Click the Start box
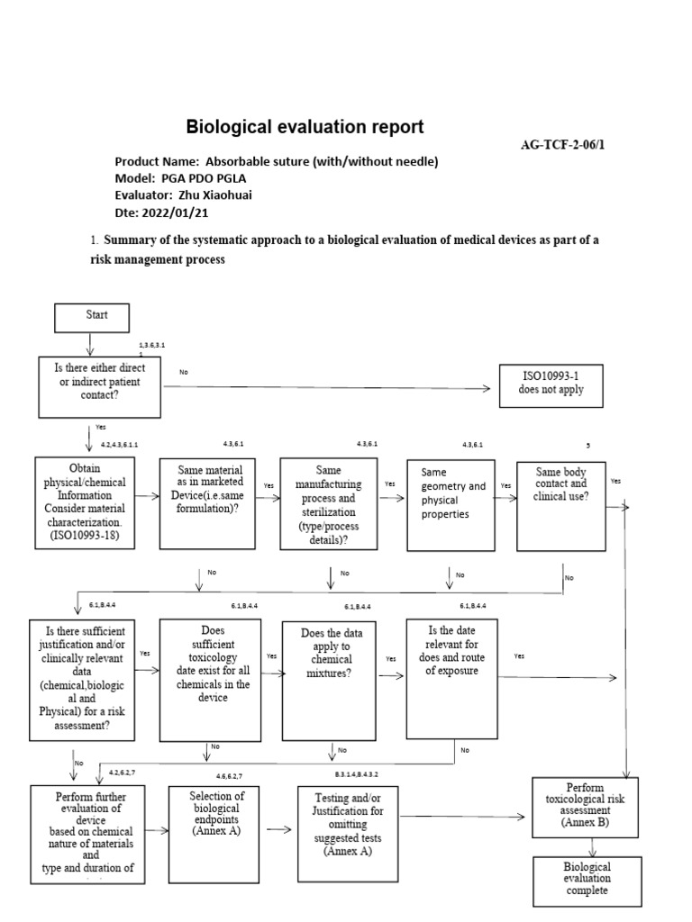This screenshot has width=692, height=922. click(x=93, y=316)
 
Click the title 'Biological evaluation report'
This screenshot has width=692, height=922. click(x=305, y=127)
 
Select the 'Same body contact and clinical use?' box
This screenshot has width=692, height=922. click(x=562, y=504)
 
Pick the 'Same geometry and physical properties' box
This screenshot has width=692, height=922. click(x=451, y=504)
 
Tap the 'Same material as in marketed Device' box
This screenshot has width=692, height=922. click(x=209, y=504)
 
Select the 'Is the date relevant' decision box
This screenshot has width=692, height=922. click(x=451, y=677)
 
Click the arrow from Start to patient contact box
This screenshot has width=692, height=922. click(x=89, y=344)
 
